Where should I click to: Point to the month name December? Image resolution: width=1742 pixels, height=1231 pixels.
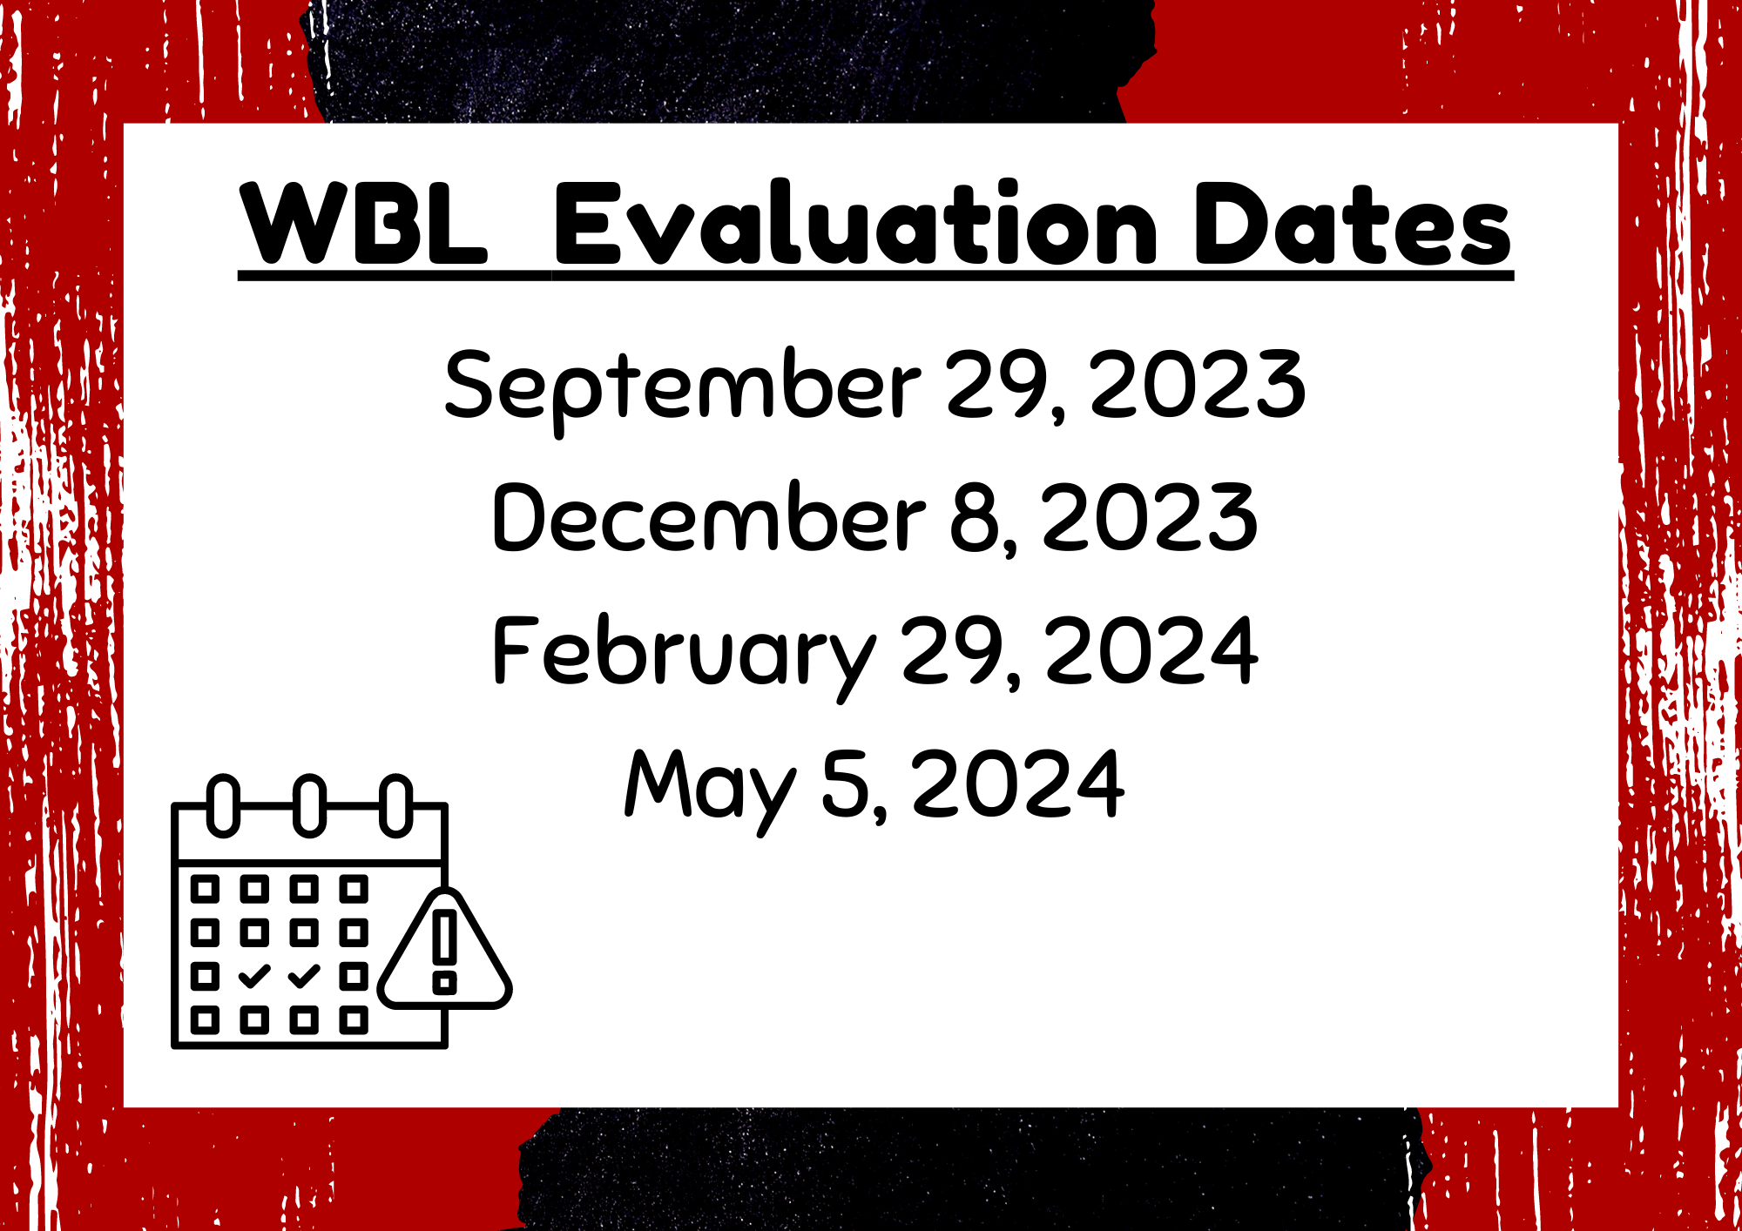[708, 517]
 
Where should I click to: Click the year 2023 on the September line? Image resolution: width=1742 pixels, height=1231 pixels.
[1198, 383]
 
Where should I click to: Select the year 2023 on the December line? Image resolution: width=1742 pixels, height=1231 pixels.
[1150, 517]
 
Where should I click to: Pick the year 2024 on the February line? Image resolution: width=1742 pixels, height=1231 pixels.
[1151, 650]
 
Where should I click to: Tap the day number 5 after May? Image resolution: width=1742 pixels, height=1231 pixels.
[846, 784]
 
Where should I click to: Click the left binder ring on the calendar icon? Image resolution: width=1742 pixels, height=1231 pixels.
[224, 805]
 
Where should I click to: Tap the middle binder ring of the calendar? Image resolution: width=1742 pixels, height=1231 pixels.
[309, 805]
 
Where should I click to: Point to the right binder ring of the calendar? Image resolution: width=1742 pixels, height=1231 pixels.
[396, 805]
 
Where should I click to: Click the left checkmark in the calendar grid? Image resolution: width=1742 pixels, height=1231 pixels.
[254, 977]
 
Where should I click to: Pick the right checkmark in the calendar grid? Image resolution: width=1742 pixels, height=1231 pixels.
[304, 977]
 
